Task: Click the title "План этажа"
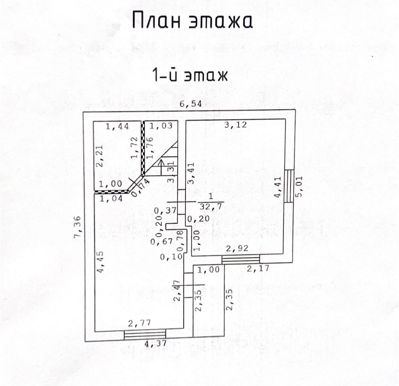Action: point(192,21)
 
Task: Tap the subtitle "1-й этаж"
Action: point(189,76)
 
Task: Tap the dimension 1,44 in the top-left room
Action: point(117,127)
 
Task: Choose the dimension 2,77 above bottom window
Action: point(139,323)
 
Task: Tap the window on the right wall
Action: point(289,186)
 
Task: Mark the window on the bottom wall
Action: point(145,335)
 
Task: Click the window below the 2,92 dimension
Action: point(240,259)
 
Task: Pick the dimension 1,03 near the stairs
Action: point(160,127)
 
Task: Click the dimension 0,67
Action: point(158,242)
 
